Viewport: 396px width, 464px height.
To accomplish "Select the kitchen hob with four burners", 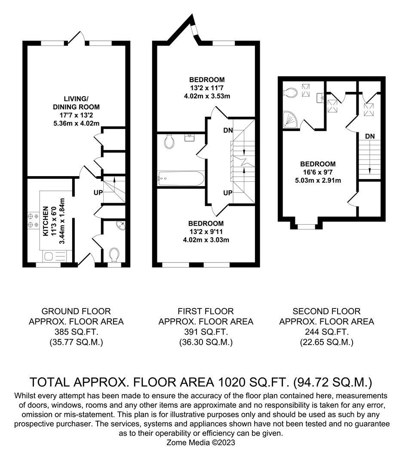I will [33, 220].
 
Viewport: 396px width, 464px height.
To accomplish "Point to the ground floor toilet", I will [114, 256].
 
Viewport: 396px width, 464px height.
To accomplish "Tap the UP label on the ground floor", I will [98, 192].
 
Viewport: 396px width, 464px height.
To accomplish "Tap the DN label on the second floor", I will [370, 136].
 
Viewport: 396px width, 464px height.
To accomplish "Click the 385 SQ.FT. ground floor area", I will [76, 332].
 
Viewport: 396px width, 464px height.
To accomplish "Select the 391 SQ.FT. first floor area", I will [206, 332].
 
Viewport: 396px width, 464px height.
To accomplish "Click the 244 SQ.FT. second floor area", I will [326, 332].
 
